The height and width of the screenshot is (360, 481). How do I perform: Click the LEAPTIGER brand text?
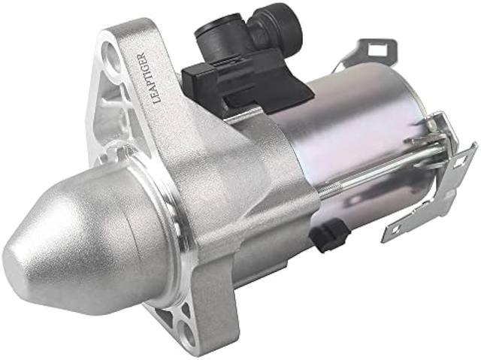click(150, 78)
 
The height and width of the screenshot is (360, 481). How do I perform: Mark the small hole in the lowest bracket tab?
click(397, 229)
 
